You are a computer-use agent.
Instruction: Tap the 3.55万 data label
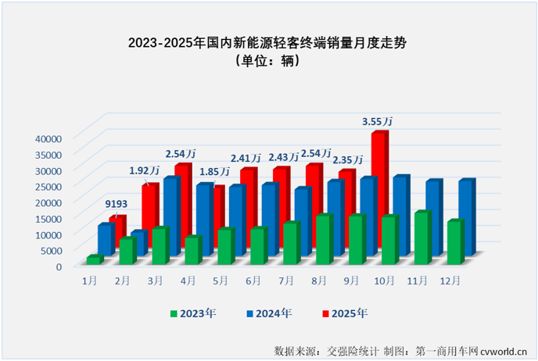(377, 122)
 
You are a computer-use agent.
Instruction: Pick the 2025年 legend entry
(344, 313)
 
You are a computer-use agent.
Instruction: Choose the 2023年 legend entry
(192, 313)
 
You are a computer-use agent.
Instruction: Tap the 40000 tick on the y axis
(48, 138)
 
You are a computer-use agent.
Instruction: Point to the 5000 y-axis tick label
(50, 250)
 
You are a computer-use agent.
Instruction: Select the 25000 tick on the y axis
(48, 186)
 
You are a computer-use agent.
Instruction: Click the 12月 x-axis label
(449, 278)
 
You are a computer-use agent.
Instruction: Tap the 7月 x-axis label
(285, 278)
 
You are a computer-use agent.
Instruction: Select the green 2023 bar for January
(94, 259)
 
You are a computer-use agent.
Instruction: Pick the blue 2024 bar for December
(466, 217)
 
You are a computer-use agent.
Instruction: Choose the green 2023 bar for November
(421, 238)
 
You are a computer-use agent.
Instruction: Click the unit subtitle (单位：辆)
(269, 63)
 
